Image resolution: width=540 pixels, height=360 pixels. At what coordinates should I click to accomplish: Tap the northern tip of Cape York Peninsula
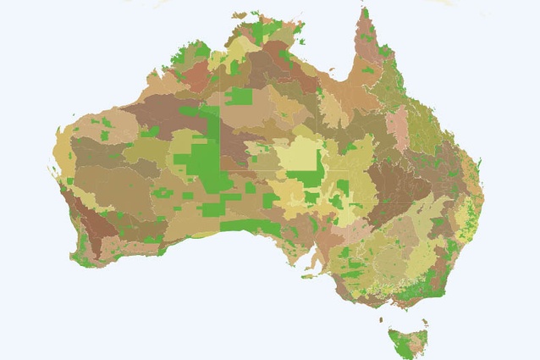tap(365, 11)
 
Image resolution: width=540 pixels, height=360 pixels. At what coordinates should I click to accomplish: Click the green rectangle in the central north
tap(238, 96)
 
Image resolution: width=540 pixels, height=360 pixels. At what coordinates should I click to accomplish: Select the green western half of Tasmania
tap(398, 341)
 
